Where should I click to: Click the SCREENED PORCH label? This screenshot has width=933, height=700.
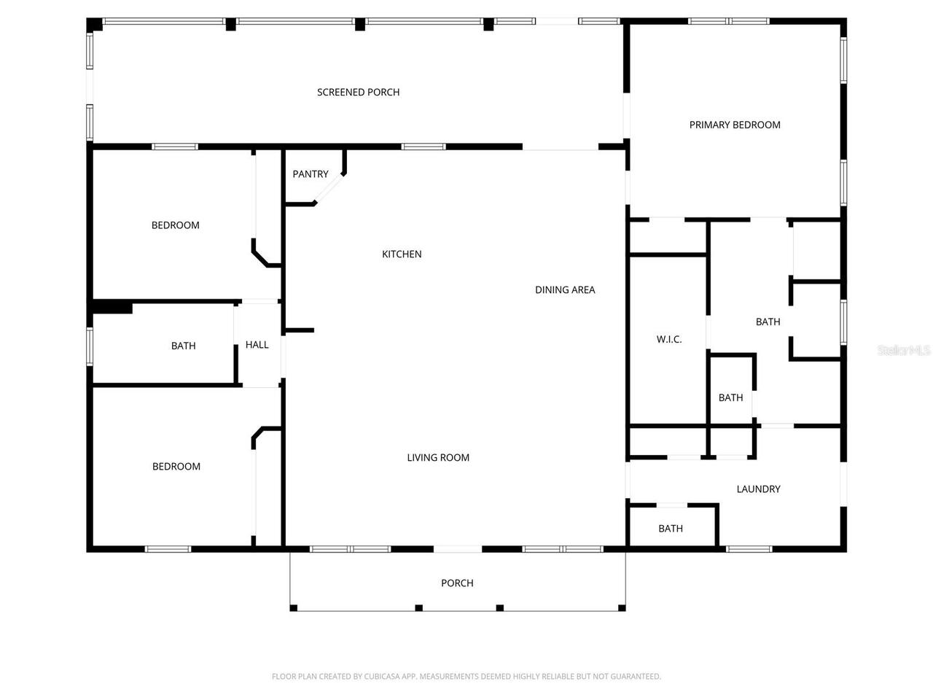pyautogui.click(x=358, y=92)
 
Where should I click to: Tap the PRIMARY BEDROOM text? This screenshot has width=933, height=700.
pyautogui.click(x=735, y=125)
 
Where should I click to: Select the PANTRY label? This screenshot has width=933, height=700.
pyautogui.click(x=311, y=174)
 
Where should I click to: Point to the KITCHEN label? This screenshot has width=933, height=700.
pyautogui.click(x=402, y=254)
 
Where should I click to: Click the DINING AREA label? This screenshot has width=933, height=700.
pyautogui.click(x=565, y=290)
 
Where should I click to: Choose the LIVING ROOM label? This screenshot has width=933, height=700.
pyautogui.click(x=438, y=458)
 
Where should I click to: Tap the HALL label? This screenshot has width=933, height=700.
pyautogui.click(x=257, y=345)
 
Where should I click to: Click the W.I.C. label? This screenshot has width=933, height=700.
pyautogui.click(x=669, y=339)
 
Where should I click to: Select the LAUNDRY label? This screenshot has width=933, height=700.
pyautogui.click(x=759, y=489)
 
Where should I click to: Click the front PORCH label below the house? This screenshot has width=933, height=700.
pyautogui.click(x=457, y=583)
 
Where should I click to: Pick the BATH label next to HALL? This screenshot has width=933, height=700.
pyautogui.click(x=184, y=346)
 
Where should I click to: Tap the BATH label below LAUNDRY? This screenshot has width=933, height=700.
pyautogui.click(x=671, y=529)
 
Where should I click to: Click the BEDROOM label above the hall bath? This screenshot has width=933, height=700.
pyautogui.click(x=176, y=225)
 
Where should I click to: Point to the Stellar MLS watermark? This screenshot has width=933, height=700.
pyautogui.click(x=904, y=350)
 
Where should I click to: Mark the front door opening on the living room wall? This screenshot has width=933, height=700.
pyautogui.click(x=458, y=549)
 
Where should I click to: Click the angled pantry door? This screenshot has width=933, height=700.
pyautogui.click(x=329, y=189)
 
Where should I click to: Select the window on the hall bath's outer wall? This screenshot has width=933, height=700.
pyautogui.click(x=90, y=346)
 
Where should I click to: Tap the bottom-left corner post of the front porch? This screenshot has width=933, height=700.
pyautogui.click(x=294, y=608)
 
